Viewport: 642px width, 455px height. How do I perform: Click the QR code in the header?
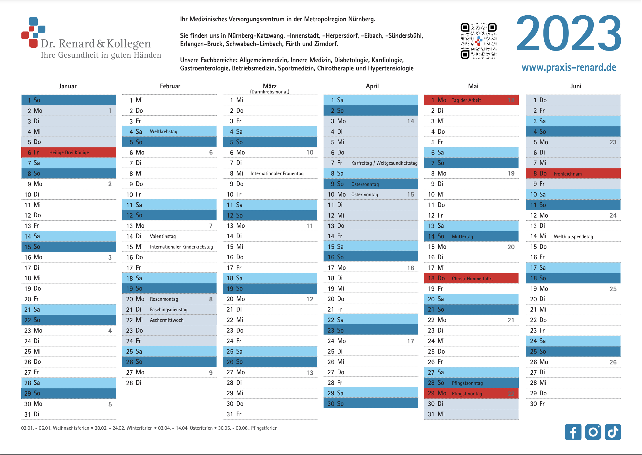pyautogui.click(x=479, y=41)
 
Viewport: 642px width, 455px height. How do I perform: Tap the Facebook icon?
pyautogui.click(x=573, y=432)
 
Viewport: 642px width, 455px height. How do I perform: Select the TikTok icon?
pyautogui.click(x=613, y=432)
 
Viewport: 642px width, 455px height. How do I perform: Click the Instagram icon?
pyautogui.click(x=593, y=432)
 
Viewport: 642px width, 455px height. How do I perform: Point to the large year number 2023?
pyautogui.click(x=569, y=33)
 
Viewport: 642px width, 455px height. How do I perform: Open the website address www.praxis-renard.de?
pyautogui.click(x=569, y=68)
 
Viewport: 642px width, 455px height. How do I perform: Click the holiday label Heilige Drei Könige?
pyautogui.click(x=69, y=153)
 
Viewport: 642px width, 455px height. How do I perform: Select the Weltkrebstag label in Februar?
pyautogui.click(x=164, y=132)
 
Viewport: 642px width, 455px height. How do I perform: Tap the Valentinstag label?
pyautogui.click(x=163, y=236)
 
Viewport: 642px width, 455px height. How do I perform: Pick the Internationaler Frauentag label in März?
pyautogui.click(x=277, y=174)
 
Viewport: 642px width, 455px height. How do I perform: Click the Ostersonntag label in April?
pyautogui.click(x=365, y=184)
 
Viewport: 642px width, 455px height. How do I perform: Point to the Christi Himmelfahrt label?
pyautogui.click(x=472, y=279)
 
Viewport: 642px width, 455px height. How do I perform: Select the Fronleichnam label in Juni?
pyautogui.click(x=568, y=174)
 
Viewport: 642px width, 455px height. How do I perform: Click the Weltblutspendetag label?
pyautogui.click(x=574, y=237)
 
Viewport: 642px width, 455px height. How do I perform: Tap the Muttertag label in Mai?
pyautogui.click(x=462, y=237)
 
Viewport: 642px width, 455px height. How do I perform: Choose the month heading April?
pyautogui.click(x=372, y=86)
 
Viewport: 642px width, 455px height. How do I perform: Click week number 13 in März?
pyautogui.click(x=310, y=373)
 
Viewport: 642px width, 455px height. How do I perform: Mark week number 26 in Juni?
pyautogui.click(x=613, y=362)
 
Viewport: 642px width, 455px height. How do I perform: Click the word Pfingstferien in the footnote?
pyautogui.click(x=264, y=428)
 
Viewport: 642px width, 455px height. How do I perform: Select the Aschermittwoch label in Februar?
pyautogui.click(x=167, y=320)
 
